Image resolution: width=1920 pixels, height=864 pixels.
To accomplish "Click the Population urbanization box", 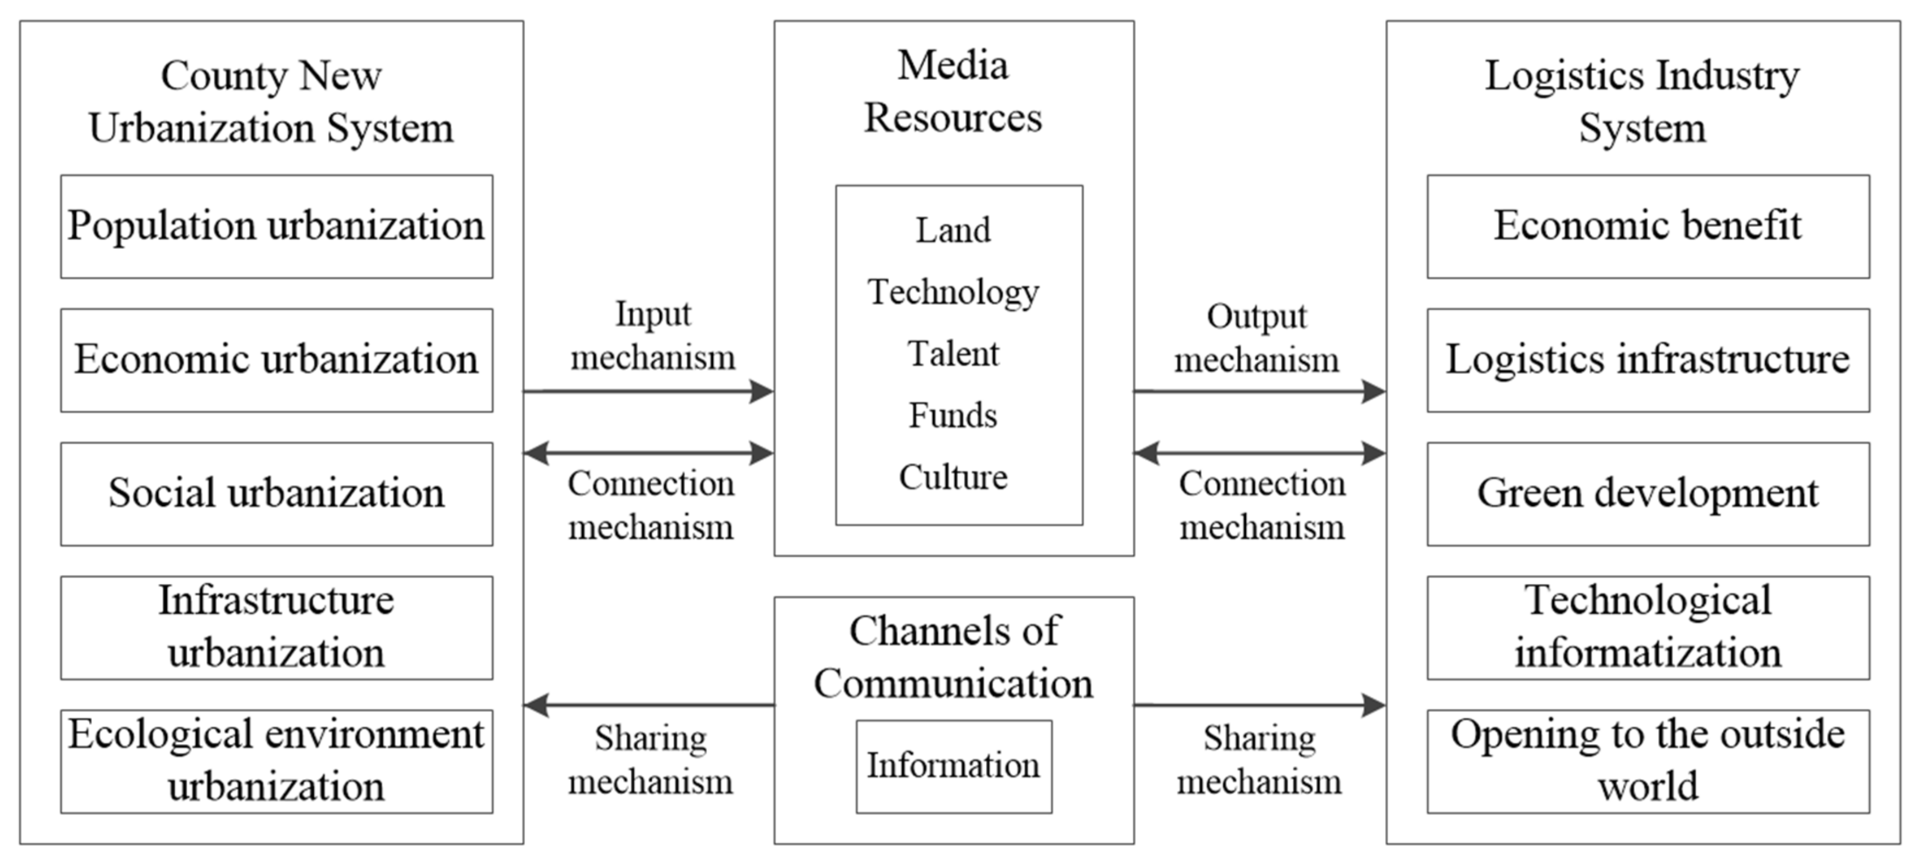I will pos(276,227).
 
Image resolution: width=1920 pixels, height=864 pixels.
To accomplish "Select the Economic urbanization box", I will pos(276,360).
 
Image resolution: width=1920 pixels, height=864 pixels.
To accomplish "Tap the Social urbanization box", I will pos(276,494).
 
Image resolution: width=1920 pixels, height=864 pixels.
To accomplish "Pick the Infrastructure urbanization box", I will pos(276,627).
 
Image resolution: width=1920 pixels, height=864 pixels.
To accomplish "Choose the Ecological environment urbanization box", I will pos(276,760).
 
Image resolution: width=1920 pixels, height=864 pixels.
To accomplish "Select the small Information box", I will pos(953,766).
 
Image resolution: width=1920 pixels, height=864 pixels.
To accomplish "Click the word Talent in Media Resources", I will pos(953,353).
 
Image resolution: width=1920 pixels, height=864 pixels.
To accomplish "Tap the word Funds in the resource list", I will pos(953,415).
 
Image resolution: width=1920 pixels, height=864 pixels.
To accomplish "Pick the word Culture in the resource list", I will pos(953,477).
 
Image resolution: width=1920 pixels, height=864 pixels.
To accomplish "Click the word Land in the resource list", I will pos(953,230).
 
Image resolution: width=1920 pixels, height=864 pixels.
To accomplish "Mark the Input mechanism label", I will pos(653,336).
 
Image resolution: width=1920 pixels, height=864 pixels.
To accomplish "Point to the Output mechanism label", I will pos(1257,338).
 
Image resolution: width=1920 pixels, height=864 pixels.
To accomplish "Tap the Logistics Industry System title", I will pos(1642,101).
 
